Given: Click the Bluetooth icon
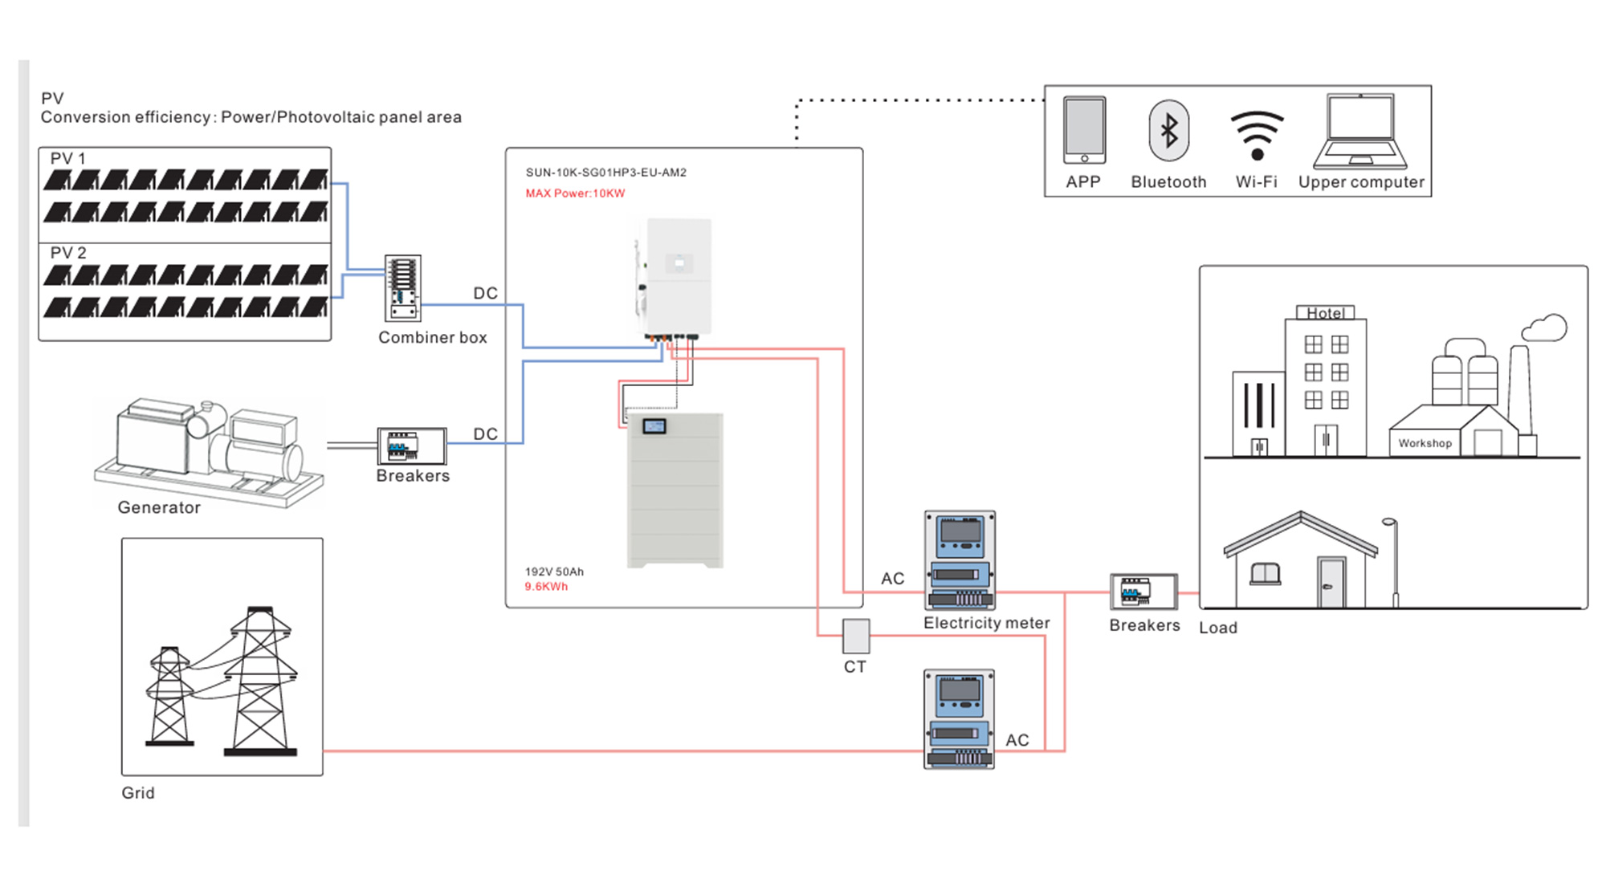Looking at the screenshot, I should click(1168, 131).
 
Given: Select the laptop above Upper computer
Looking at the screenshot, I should click(1360, 131).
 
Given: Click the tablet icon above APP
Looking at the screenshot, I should click(1084, 131).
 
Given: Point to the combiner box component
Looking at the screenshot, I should click(403, 288).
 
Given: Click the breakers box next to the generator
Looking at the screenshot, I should click(412, 446).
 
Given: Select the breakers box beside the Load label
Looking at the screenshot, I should click(1143, 592).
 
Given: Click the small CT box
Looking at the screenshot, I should click(856, 636).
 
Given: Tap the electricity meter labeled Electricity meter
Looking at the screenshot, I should click(960, 560).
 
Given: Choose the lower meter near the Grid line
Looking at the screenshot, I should click(959, 719).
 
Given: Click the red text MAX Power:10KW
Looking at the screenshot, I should click(575, 193).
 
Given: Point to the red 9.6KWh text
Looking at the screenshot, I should click(546, 587).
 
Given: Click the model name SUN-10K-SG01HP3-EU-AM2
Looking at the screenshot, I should click(606, 173).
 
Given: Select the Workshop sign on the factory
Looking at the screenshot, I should click(1425, 443).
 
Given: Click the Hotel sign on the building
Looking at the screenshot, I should click(1325, 313).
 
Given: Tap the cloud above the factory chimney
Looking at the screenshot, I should click(1545, 328).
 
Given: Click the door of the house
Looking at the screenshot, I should click(1331, 582).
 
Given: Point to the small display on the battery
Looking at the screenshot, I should click(654, 426).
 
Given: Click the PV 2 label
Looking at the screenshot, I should click(68, 253).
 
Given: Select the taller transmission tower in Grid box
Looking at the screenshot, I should click(260, 682).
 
